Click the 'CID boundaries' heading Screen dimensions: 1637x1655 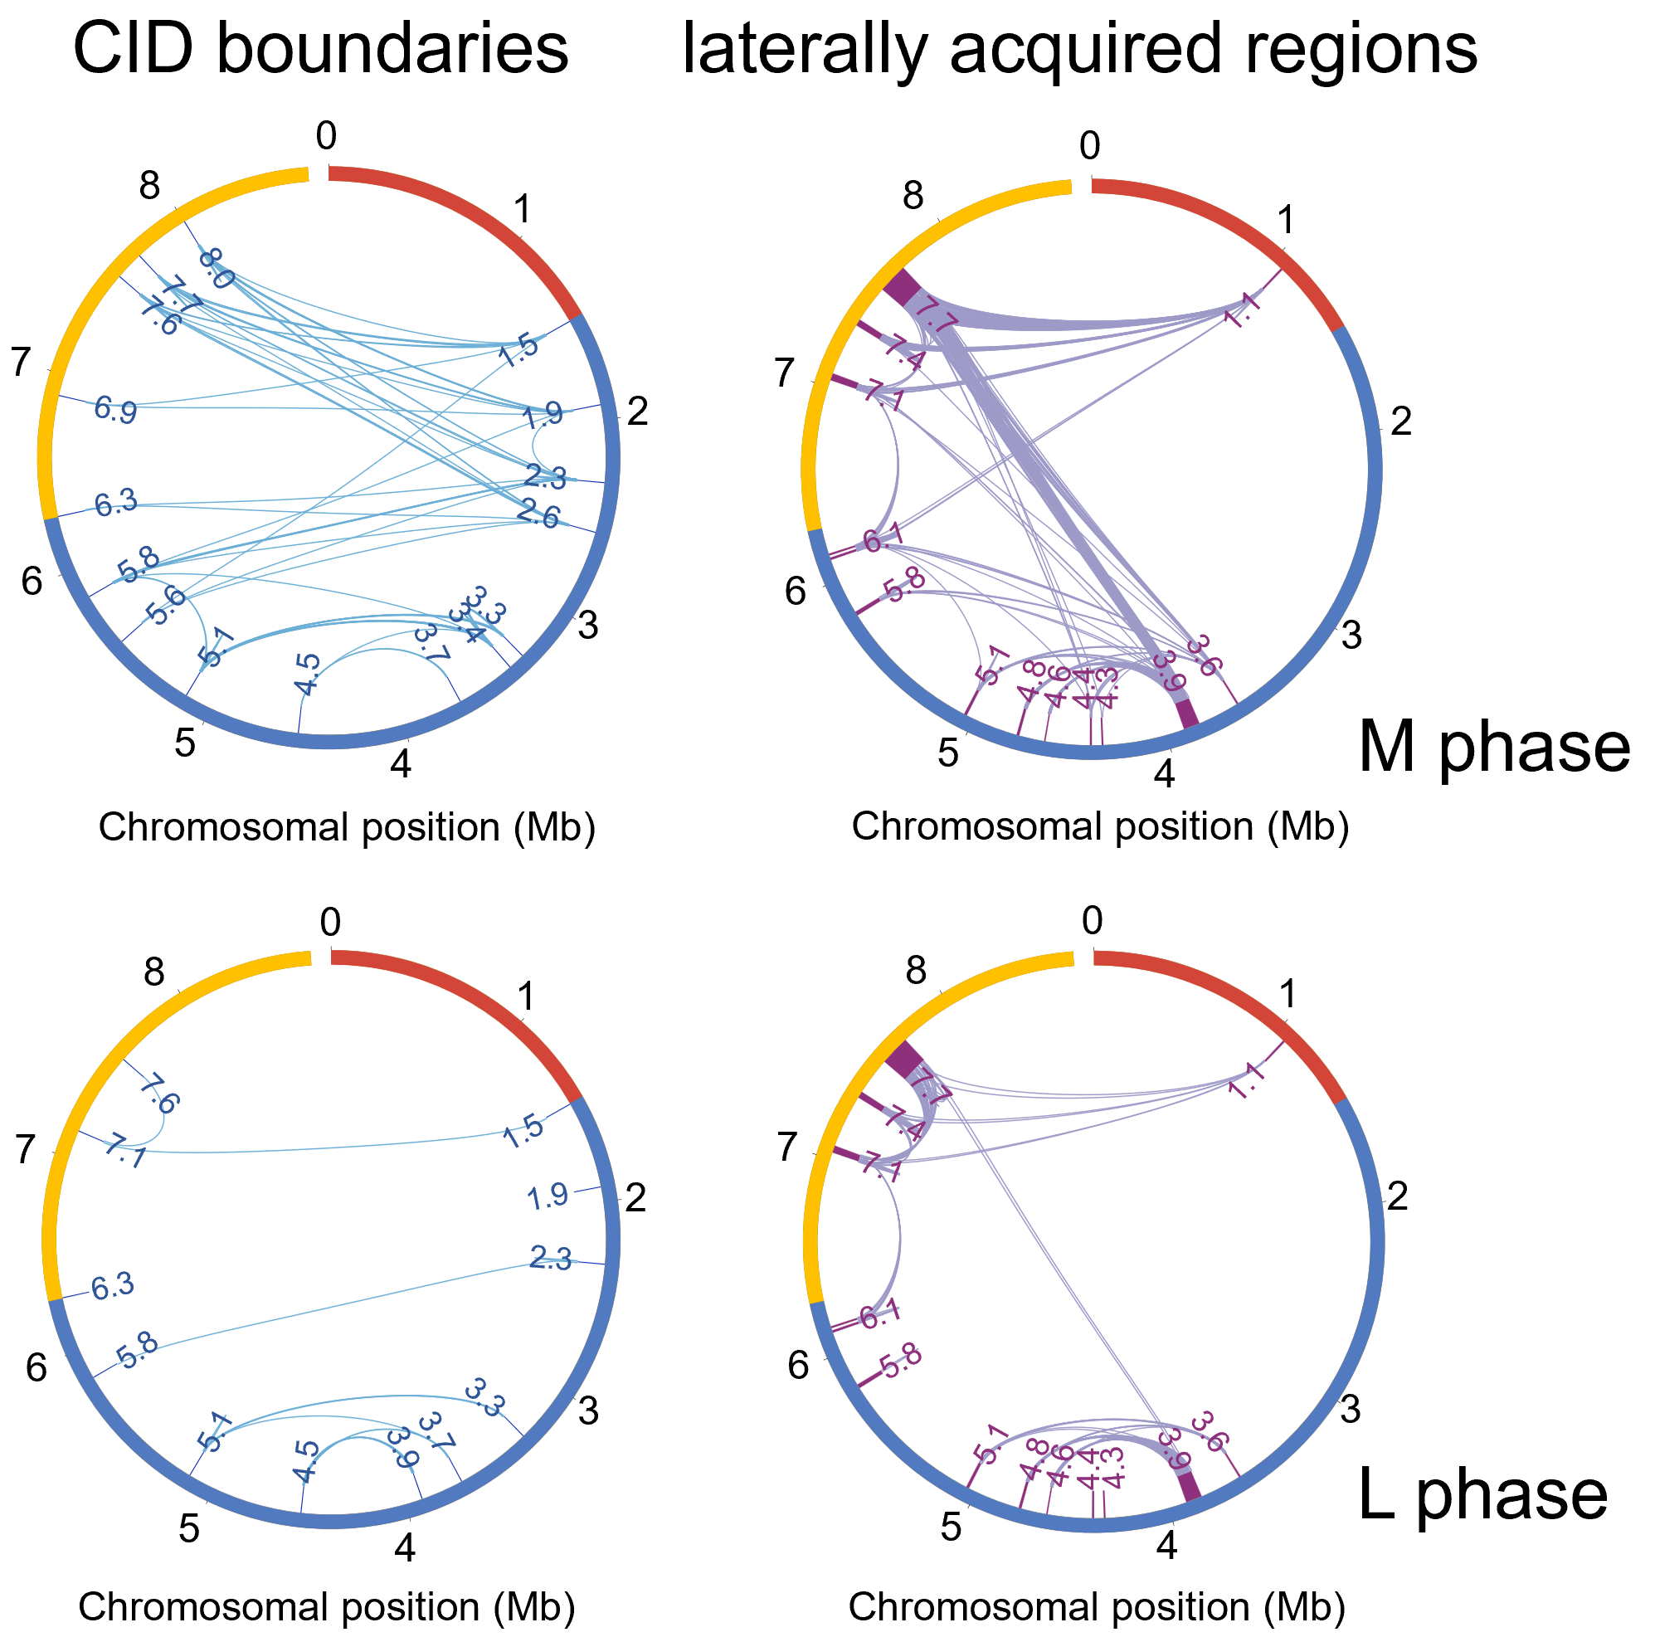click(321, 49)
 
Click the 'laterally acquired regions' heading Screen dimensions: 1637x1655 click(1079, 49)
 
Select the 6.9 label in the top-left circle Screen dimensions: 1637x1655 click(114, 408)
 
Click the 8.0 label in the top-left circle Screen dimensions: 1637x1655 click(216, 267)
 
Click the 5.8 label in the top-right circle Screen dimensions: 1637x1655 click(904, 589)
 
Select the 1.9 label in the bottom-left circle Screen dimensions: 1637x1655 click(548, 1196)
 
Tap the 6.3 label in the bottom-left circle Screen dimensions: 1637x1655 click(113, 1286)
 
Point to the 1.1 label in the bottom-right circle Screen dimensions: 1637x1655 click(1244, 1081)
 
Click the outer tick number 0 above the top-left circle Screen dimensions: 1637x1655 click(326, 135)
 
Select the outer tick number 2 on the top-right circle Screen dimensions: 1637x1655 click(1400, 421)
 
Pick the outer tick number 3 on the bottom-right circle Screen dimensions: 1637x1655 click(1350, 1409)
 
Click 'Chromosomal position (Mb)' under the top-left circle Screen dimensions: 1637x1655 click(347, 827)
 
